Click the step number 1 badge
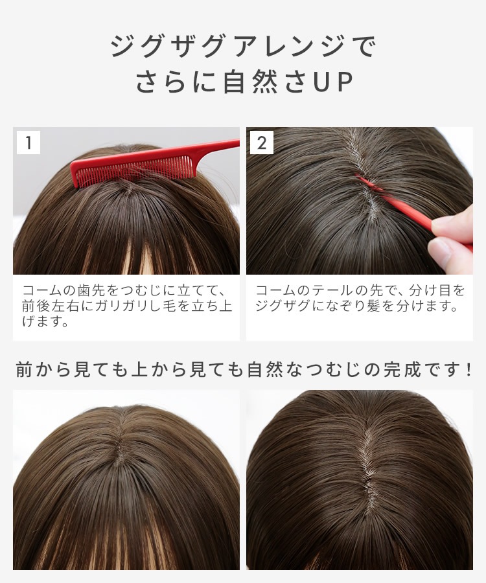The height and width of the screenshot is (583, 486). point(29,143)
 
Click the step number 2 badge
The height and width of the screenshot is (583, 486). point(262,143)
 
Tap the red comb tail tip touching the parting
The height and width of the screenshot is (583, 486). point(360,177)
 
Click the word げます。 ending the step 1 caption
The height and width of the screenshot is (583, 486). point(45,321)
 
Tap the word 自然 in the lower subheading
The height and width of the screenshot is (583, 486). point(266,370)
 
